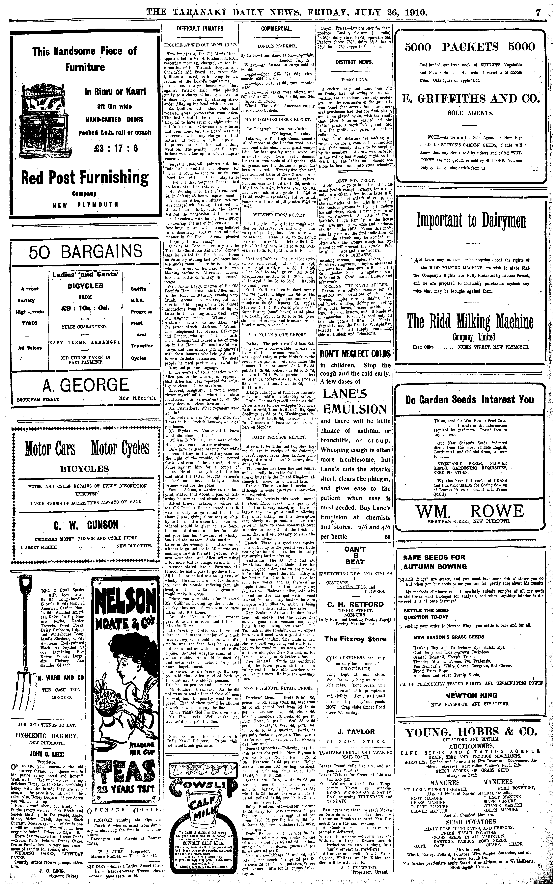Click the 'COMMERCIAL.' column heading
pyautogui.click(x=277, y=28)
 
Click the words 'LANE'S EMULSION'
pyautogui.click(x=355, y=401)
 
